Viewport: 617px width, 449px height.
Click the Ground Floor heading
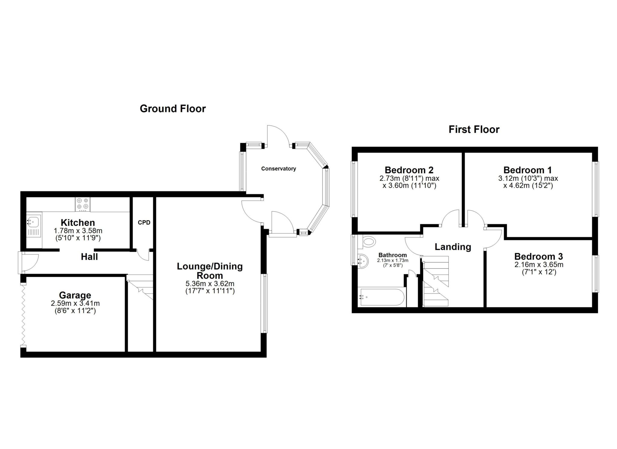(x=173, y=109)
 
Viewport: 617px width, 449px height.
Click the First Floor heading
(x=474, y=129)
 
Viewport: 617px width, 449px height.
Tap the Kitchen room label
(x=78, y=223)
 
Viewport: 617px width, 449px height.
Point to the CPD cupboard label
(x=144, y=223)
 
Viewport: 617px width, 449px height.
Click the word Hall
(x=89, y=257)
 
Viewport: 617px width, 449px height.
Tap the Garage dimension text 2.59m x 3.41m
(x=75, y=303)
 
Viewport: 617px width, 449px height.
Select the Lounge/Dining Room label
(x=210, y=270)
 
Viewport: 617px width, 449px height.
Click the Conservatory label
(x=278, y=169)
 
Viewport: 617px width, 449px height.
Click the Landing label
(x=453, y=247)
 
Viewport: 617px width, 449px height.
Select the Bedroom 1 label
(x=528, y=170)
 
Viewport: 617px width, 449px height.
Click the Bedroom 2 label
(x=409, y=170)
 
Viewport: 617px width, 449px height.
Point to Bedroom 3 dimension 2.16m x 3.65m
(x=539, y=265)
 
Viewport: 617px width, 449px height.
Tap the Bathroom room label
(x=393, y=255)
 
